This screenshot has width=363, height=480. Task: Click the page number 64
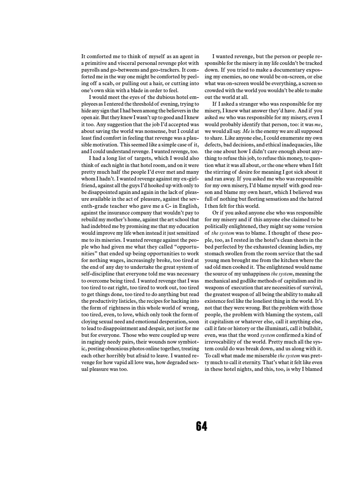(x=201, y=426)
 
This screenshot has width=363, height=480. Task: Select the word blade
(x=139, y=91)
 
